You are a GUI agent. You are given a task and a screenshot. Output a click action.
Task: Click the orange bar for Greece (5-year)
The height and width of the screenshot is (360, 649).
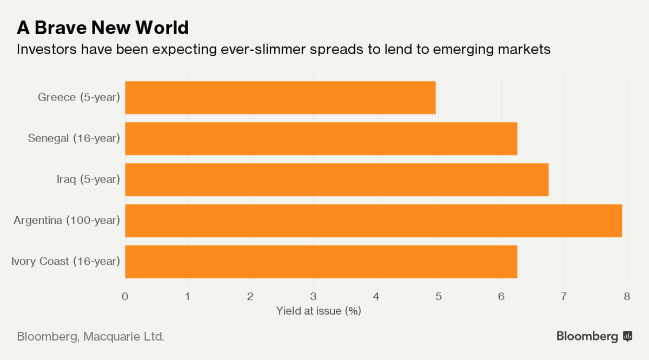(280, 98)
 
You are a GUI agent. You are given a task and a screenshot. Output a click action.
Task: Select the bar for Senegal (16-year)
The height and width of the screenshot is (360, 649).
(321, 138)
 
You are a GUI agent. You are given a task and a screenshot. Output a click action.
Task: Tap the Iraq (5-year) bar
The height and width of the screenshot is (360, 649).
(336, 179)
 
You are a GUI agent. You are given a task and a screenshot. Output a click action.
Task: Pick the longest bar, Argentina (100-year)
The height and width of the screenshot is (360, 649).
(373, 221)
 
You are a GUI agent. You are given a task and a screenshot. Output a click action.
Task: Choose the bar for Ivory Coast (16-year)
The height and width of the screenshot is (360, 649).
(321, 262)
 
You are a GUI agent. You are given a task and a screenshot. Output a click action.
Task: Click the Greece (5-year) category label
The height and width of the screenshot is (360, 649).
(79, 97)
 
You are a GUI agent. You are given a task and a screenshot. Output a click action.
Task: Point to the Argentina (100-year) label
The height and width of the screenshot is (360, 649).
(67, 221)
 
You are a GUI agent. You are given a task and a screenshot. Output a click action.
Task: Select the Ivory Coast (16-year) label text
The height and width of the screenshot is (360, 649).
(65, 262)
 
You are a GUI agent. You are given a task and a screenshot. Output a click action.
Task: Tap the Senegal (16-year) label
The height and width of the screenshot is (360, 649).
(74, 138)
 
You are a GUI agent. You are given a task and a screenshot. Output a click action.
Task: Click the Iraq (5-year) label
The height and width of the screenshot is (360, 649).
(88, 179)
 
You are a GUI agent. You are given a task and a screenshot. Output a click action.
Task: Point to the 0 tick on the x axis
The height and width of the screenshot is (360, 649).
(125, 296)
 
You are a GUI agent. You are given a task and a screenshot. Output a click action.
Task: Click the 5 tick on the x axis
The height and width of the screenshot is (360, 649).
(439, 296)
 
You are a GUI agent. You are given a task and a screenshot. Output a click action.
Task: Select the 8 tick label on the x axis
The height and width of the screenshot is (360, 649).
(627, 296)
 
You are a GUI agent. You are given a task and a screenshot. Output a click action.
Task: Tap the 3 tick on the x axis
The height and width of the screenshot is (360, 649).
(313, 296)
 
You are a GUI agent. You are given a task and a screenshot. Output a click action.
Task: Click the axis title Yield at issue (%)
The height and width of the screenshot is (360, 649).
(319, 311)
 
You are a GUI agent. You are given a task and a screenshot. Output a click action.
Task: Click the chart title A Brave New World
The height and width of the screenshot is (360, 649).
(103, 27)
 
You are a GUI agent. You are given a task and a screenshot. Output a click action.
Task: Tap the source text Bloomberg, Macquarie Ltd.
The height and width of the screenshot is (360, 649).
(91, 337)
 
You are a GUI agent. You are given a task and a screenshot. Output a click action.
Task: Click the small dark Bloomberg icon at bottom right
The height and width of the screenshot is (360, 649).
(628, 336)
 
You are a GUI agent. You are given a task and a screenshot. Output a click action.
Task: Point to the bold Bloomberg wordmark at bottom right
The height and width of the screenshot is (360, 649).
(587, 336)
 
